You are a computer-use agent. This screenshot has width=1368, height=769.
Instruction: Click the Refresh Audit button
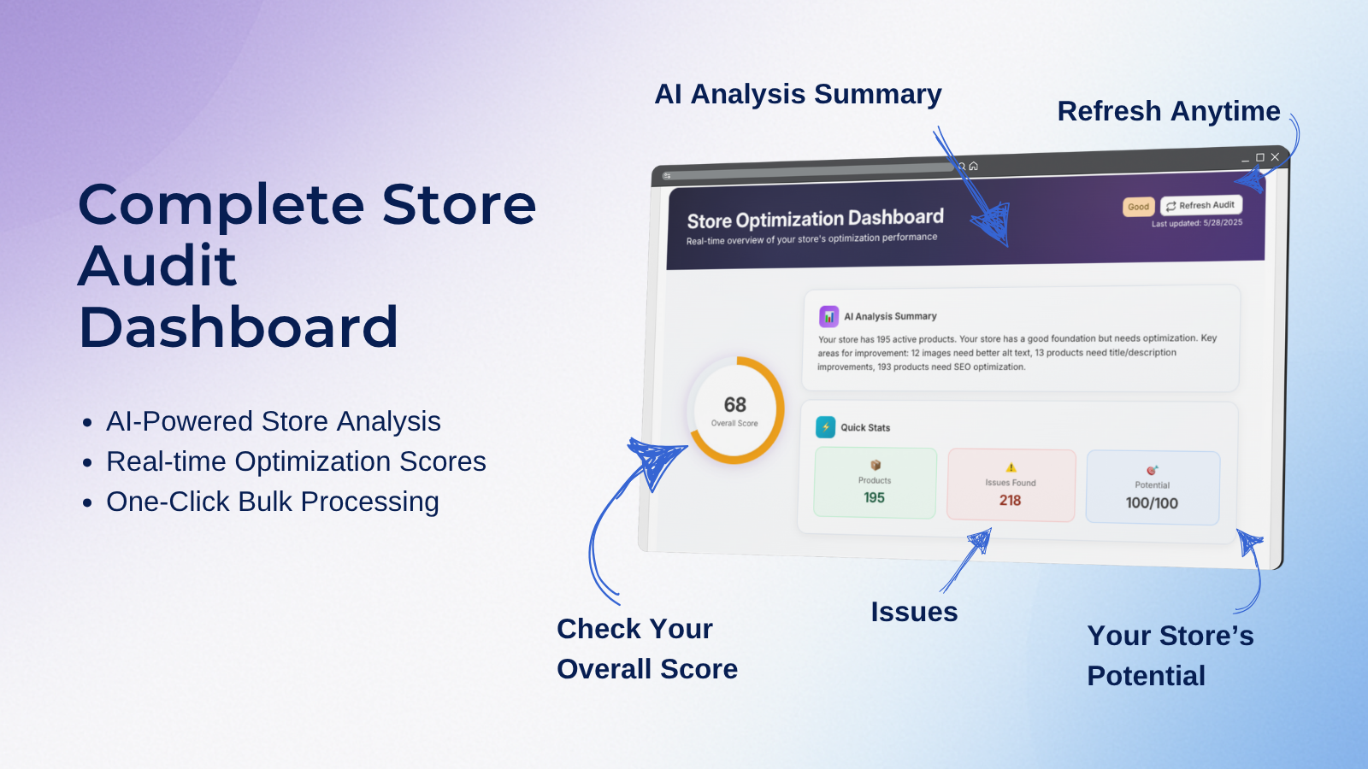click(x=1200, y=205)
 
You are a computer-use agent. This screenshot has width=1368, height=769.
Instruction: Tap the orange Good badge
click(x=1138, y=207)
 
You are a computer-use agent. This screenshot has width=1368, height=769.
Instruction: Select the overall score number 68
click(x=734, y=405)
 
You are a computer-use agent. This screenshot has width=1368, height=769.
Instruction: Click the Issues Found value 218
click(x=1010, y=501)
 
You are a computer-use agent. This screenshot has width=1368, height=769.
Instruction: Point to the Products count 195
click(x=874, y=497)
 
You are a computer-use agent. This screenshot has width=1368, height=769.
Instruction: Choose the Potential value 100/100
click(x=1152, y=503)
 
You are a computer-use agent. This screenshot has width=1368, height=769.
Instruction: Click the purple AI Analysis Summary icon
click(x=828, y=317)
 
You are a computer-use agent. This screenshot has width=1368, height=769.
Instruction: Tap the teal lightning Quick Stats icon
click(x=826, y=427)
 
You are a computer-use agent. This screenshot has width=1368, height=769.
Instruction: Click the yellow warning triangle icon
click(x=1011, y=467)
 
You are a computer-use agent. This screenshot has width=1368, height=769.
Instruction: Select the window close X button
click(x=1275, y=157)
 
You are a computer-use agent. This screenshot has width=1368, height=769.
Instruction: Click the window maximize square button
click(x=1260, y=157)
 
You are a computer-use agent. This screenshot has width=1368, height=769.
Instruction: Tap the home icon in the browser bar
click(x=974, y=166)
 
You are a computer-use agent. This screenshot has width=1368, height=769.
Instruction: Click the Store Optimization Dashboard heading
click(x=816, y=219)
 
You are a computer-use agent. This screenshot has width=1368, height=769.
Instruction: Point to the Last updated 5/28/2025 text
click(x=1197, y=223)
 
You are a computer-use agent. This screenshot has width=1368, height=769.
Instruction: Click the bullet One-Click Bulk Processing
click(x=273, y=502)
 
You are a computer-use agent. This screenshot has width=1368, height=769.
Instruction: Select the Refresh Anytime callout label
click(x=1169, y=111)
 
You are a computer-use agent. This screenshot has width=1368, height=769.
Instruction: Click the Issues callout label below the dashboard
click(x=914, y=612)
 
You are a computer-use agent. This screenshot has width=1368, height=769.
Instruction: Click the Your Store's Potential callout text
click(x=1170, y=655)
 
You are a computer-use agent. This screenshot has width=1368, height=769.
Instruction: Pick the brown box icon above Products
click(x=876, y=465)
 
